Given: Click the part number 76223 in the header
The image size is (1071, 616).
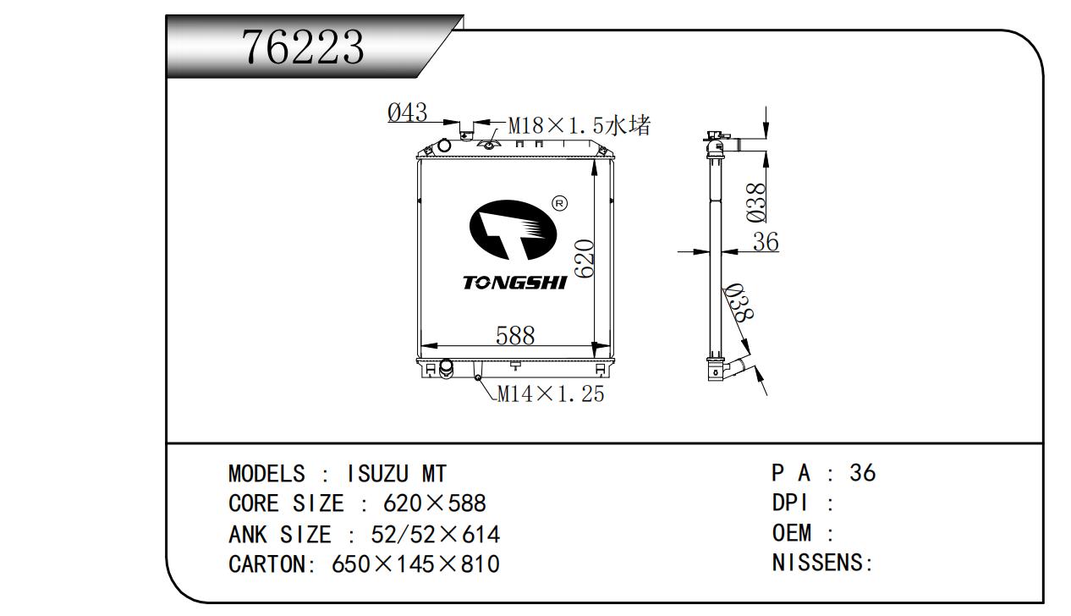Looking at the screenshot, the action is tap(303, 47).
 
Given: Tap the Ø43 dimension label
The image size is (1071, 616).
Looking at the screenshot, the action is tap(408, 113).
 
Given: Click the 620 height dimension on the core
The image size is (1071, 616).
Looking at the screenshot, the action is tap(585, 259).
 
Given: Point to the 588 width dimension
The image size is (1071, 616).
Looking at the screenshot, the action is tap(515, 335).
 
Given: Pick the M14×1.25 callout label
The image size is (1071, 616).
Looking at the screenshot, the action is tap(551, 393).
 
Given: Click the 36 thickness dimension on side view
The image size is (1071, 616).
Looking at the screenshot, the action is tap(766, 241).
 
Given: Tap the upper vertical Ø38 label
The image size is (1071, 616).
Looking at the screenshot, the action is tap(756, 203).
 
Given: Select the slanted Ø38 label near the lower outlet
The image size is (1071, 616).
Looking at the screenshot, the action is tap(739, 302).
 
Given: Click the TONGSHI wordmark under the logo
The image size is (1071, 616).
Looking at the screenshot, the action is tap(515, 283).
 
